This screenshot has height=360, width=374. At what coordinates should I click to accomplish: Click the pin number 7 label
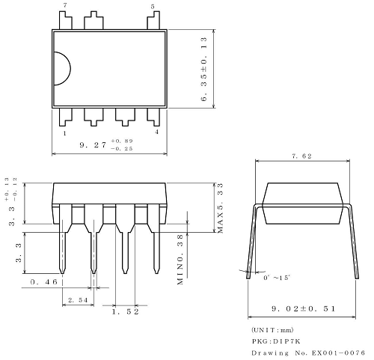(x=64, y=6)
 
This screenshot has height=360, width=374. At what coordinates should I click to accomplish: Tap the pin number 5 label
(x=153, y=6)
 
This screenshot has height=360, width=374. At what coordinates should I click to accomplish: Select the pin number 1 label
(x=65, y=132)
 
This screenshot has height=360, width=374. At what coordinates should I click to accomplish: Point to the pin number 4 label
(x=156, y=132)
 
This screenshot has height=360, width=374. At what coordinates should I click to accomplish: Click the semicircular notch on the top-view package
(x=61, y=69)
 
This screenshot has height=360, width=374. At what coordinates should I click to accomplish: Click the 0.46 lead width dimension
(x=44, y=282)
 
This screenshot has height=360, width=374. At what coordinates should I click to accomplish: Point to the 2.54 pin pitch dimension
(x=77, y=299)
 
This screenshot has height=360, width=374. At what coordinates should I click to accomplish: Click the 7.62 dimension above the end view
(x=303, y=156)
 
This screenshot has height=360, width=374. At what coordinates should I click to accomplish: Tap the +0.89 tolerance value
(x=121, y=141)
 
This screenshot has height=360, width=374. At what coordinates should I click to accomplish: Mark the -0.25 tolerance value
(x=121, y=149)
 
